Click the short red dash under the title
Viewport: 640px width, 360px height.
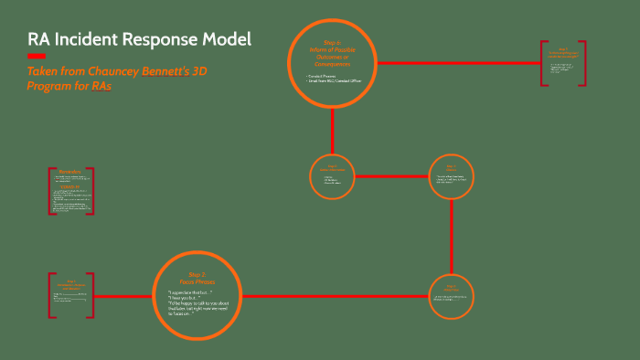pos(36,58)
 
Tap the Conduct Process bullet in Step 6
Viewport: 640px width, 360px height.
pos(322,75)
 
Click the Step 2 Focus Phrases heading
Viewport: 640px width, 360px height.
pos(198,278)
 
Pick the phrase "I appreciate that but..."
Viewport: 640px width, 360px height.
pos(189,292)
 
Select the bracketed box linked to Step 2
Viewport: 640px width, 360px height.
pos(70,296)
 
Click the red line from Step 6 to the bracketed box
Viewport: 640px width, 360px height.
pos(457,63)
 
